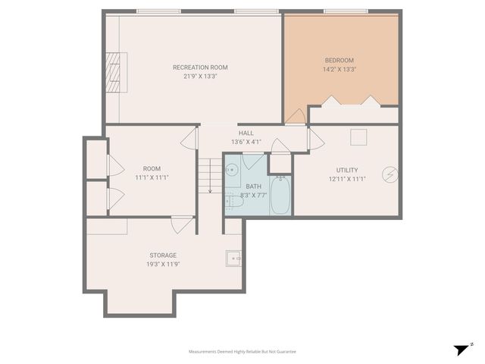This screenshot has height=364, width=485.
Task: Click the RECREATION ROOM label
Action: coord(200,67)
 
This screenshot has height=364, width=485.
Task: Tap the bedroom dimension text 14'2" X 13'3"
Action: coord(339,69)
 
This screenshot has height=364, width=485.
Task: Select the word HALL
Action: coord(246,133)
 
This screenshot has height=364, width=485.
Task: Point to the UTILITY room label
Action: coord(347,170)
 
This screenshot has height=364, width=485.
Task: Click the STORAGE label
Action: coord(163,256)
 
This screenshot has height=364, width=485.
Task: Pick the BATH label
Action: coord(253,187)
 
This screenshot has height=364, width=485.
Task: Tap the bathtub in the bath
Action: coord(280,195)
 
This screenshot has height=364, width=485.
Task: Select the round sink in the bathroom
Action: coord(232,170)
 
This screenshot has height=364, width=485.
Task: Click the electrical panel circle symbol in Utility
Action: coord(390,174)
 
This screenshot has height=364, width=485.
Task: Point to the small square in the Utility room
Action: coord(358,136)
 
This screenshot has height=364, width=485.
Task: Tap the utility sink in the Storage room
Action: coord(234,259)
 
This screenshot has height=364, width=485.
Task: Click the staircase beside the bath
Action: coord(210,174)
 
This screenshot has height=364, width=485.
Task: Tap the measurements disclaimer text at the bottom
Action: coord(242,352)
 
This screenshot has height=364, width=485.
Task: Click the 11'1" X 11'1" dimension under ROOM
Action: coord(152,177)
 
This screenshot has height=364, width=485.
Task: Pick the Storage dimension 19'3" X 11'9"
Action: coord(163,264)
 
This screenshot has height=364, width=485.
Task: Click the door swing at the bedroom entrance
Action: coord(296,117)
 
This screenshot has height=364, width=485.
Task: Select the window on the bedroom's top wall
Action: coord(346,11)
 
